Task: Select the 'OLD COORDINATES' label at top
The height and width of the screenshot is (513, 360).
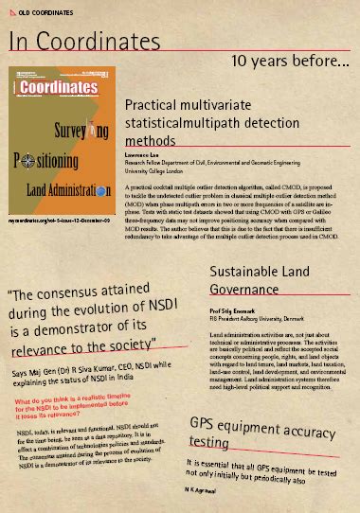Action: coord(42,7)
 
